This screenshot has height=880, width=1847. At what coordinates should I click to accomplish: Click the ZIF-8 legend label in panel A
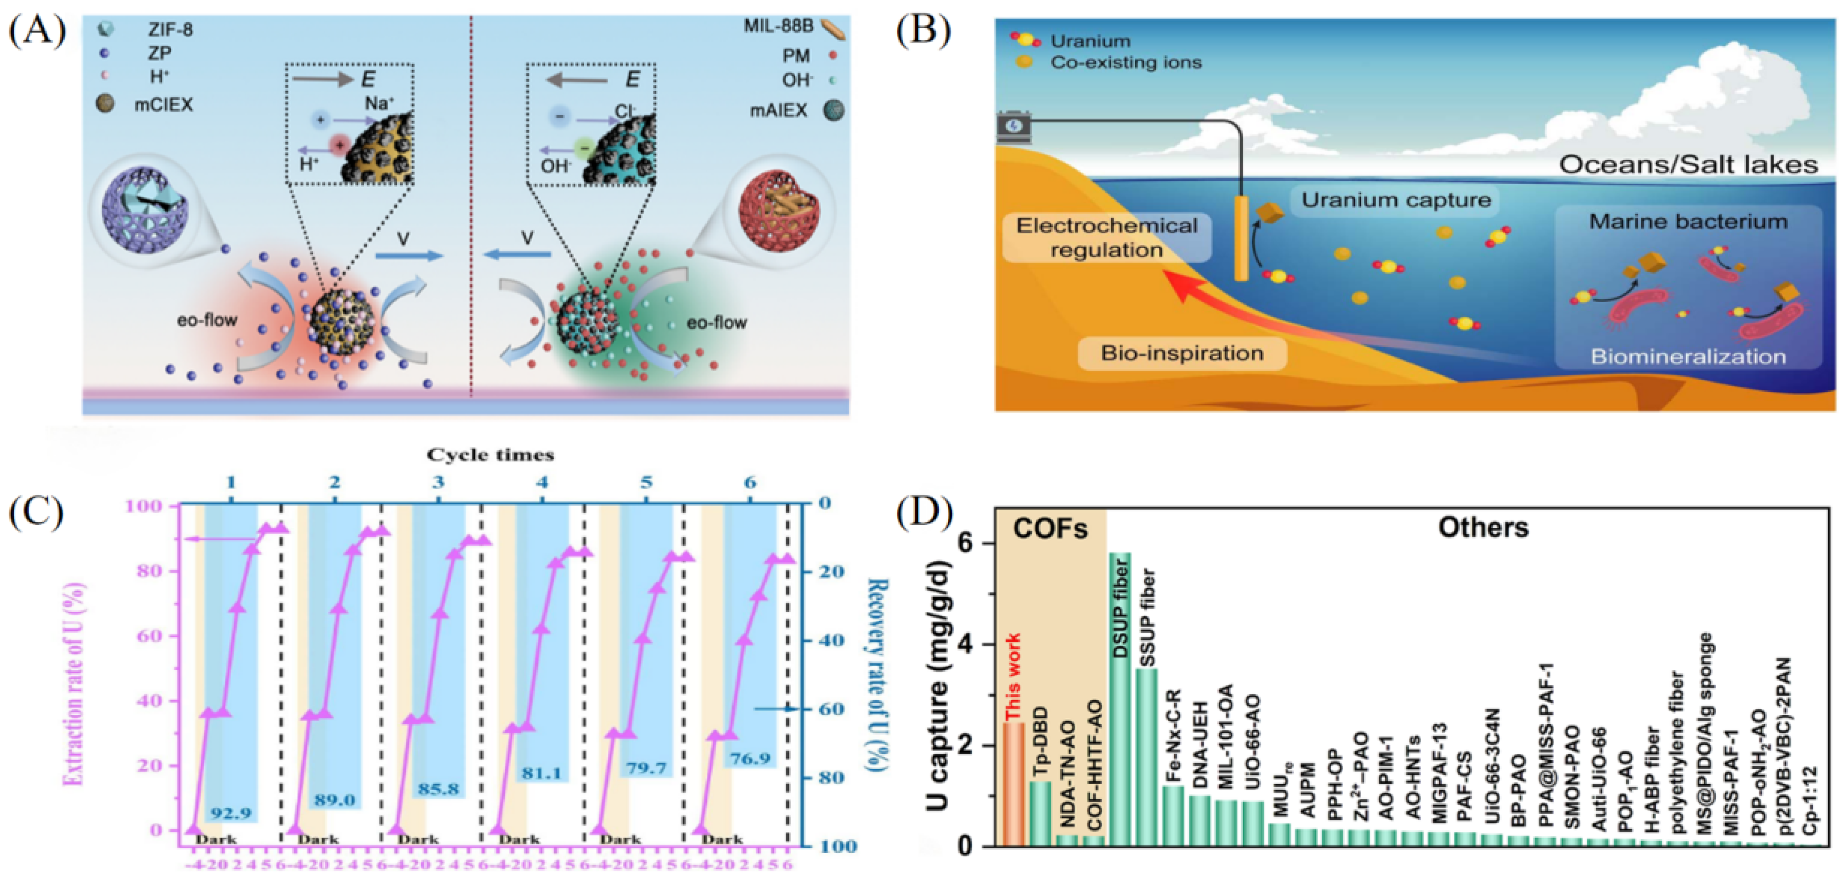tap(170, 29)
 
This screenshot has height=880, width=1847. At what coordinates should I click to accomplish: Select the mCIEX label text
tap(163, 105)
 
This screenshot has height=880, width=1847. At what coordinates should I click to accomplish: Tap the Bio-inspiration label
tap(1182, 353)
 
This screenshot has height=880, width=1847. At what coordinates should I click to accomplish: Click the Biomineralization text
tap(1688, 357)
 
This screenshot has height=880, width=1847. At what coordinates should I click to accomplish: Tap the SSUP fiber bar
tap(1146, 757)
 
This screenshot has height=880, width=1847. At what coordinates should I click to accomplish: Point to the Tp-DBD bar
tap(1040, 814)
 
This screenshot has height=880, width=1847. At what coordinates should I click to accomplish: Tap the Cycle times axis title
tap(490, 455)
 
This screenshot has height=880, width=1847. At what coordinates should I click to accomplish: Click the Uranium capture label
tap(1395, 200)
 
